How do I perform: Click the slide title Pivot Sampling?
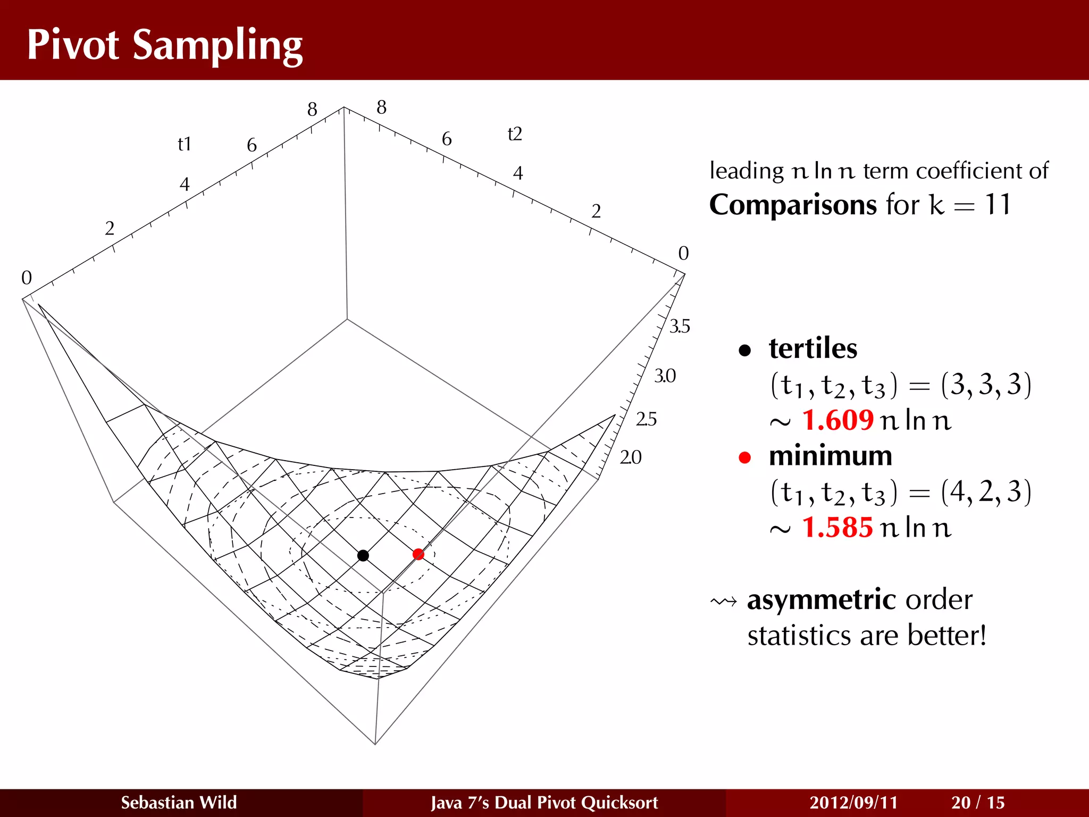[x=165, y=45]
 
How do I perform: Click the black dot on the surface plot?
[x=363, y=556]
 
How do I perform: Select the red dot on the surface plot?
[x=418, y=554]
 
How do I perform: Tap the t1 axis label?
[x=184, y=144]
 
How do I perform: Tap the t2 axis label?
[x=515, y=134]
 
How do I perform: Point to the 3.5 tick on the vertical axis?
[x=680, y=326]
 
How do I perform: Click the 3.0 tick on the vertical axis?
[x=665, y=376]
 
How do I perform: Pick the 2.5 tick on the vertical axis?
[x=646, y=419]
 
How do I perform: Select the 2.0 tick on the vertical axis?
[x=631, y=457]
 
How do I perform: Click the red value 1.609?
[x=837, y=420]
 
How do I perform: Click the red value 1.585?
[x=837, y=528]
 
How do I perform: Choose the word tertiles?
[x=813, y=348]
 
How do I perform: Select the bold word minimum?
[x=830, y=456]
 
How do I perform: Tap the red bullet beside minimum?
[x=745, y=457]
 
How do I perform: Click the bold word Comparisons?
[x=793, y=205]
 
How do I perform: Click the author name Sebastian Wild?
[x=179, y=802]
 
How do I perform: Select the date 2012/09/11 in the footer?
[x=853, y=802]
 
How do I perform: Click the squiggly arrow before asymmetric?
[x=724, y=602]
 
